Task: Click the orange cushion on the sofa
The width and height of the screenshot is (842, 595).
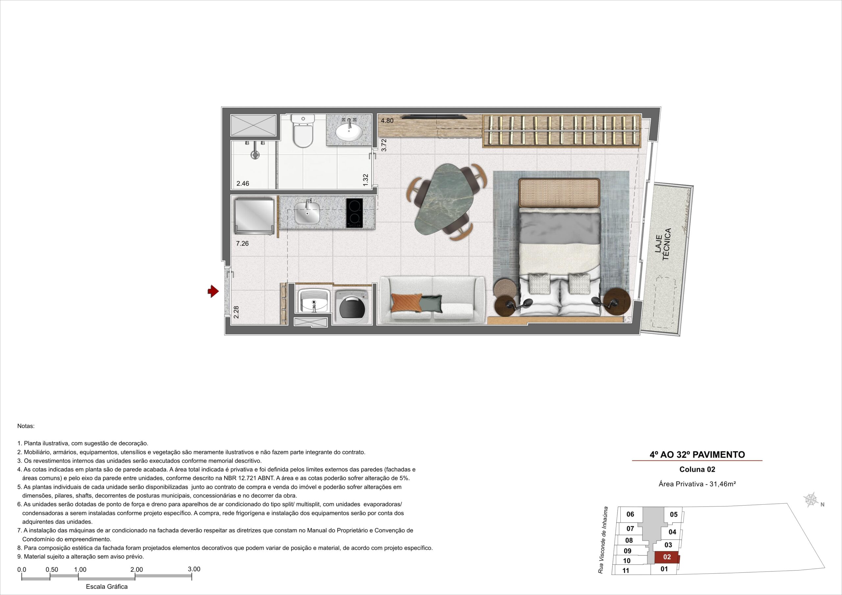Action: pyautogui.click(x=406, y=303)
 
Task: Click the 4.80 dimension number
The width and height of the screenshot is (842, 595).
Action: pyautogui.click(x=387, y=121)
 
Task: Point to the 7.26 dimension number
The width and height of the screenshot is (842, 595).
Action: pyautogui.click(x=242, y=243)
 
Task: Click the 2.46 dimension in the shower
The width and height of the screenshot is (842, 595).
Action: pyautogui.click(x=243, y=183)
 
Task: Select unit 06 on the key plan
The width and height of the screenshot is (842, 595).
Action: pyautogui.click(x=630, y=514)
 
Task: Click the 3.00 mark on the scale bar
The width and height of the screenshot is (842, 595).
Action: pyautogui.click(x=194, y=569)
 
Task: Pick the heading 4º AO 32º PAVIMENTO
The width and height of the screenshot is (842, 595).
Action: pyautogui.click(x=697, y=455)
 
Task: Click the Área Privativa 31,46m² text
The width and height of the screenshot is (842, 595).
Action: pyautogui.click(x=698, y=484)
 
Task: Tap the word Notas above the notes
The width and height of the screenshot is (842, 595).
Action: pyautogui.click(x=26, y=426)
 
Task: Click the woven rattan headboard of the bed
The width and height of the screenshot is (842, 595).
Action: pyautogui.click(x=559, y=192)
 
